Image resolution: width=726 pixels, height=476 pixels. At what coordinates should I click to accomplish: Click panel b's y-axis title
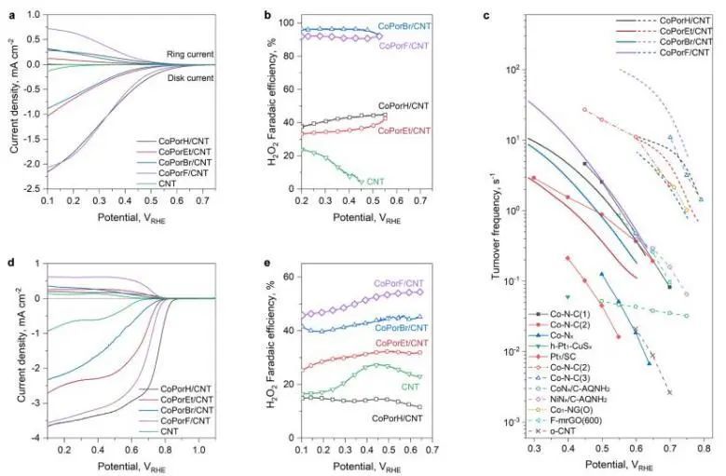coord(243,105)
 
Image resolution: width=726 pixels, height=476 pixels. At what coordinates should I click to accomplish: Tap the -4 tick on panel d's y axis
coord(32,437)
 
